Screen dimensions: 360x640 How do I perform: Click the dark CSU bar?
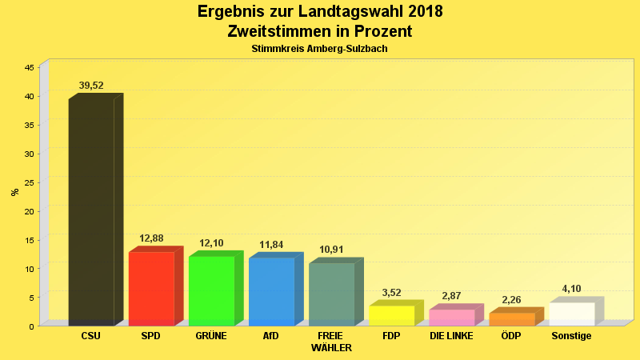point(91,212)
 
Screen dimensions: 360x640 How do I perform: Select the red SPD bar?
point(151,288)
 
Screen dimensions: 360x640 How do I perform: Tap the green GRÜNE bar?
point(211,290)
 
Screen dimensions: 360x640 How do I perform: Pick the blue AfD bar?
point(271,291)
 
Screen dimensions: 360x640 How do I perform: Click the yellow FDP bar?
point(391,315)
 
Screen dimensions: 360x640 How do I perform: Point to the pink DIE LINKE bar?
point(451,317)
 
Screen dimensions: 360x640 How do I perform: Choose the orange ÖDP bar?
point(511,318)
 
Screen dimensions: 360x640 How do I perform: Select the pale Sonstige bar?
point(571,314)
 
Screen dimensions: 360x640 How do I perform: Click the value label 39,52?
point(91,86)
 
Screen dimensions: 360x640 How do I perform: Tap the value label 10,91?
point(331,250)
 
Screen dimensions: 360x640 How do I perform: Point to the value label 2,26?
point(511,300)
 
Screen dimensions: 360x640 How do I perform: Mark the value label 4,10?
point(571,289)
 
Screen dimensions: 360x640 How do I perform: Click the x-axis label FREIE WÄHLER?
point(331,342)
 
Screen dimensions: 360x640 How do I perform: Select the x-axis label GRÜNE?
point(211,336)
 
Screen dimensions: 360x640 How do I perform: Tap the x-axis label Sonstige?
point(571,336)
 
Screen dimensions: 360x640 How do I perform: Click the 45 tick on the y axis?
point(29,68)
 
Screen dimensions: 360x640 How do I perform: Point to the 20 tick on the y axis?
point(29,211)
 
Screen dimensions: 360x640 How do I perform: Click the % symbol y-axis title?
point(14,192)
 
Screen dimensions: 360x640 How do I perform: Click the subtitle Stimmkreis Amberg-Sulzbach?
point(320,49)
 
